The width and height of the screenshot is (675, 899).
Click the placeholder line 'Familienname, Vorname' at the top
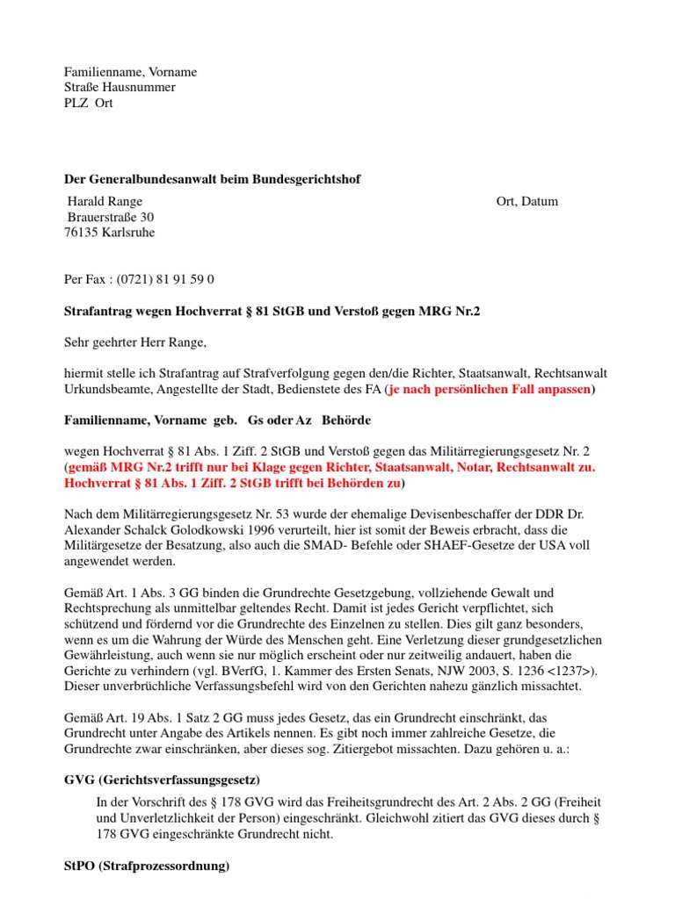130,72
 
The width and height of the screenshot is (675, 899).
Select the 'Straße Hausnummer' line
120,88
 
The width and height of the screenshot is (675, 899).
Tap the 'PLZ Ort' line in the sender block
88,103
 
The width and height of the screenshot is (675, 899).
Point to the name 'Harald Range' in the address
105,202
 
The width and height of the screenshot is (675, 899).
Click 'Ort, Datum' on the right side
526,202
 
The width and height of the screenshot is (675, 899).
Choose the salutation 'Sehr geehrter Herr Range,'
134,342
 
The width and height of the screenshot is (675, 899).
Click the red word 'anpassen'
565,389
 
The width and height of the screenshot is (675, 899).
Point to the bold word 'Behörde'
345,420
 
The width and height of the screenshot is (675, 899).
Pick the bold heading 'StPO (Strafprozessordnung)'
147,866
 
